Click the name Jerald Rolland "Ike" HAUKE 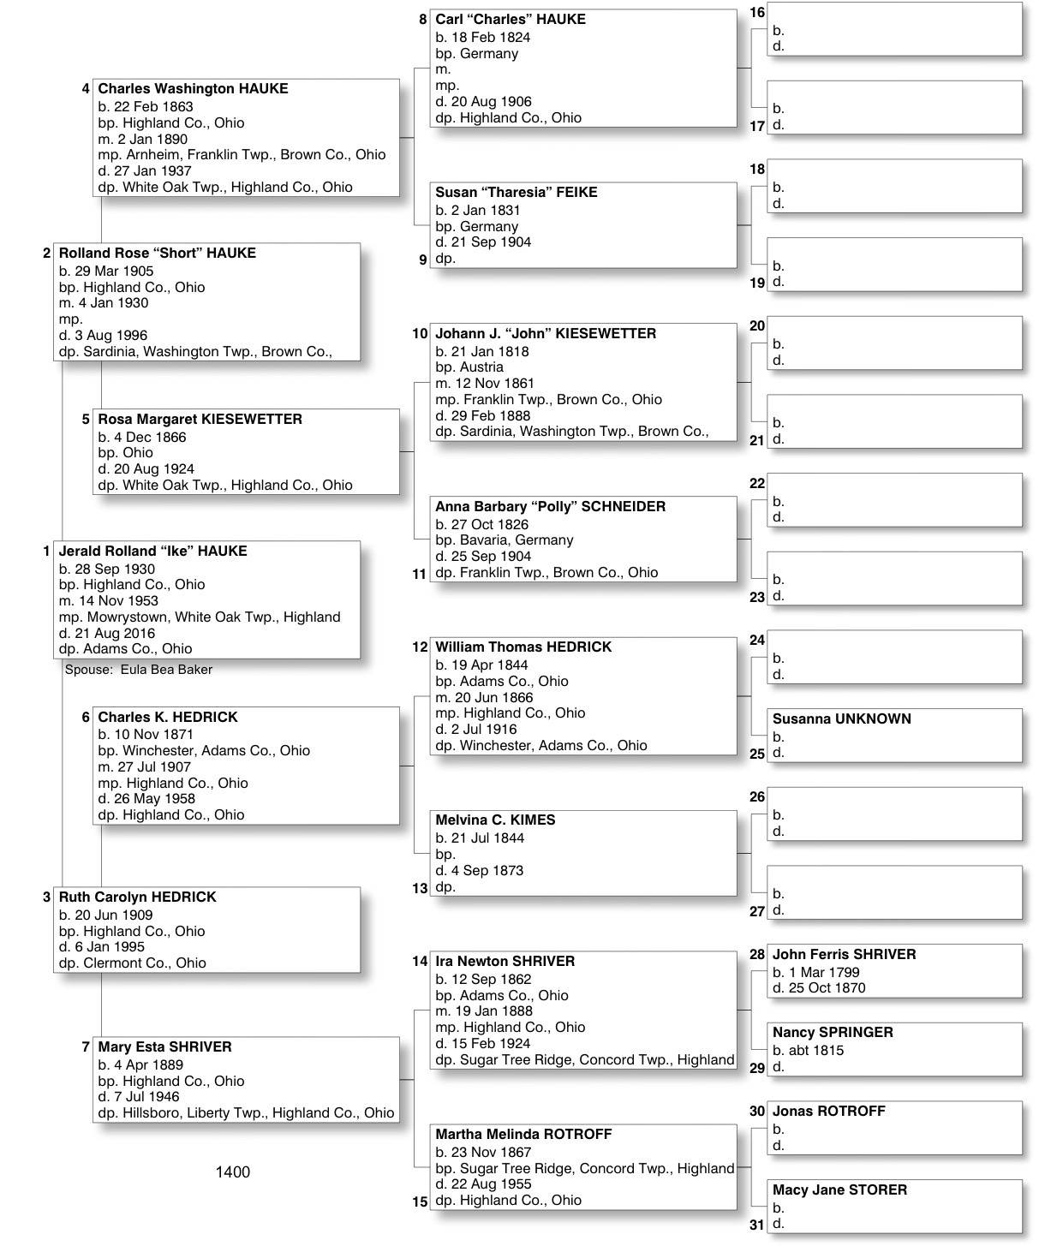[x=152, y=551]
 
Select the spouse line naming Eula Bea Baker [x=139, y=670]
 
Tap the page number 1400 [x=232, y=1172]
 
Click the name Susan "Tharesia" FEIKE [x=516, y=193]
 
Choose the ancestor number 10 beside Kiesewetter [x=420, y=334]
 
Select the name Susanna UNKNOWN [x=841, y=719]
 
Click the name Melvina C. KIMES [x=495, y=820]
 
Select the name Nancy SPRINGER [x=833, y=1033]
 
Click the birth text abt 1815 [x=808, y=1051]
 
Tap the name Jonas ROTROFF [x=828, y=1112]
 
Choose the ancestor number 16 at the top [x=757, y=13]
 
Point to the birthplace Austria [x=481, y=367]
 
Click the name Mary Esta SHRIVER [x=164, y=1047]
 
